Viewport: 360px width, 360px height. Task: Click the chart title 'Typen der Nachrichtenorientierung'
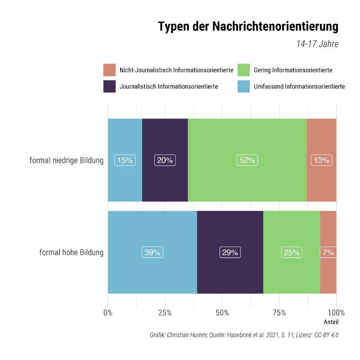coord(248,27)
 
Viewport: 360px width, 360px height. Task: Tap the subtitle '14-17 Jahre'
coord(317,44)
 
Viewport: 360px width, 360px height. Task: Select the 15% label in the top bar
coord(125,160)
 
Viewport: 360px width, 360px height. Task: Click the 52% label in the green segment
coord(247,160)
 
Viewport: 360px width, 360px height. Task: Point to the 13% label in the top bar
coord(321,160)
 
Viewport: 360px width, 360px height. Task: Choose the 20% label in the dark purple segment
coord(165,160)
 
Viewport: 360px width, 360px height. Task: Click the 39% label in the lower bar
coord(152,252)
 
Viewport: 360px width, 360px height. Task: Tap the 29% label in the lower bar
coord(230,252)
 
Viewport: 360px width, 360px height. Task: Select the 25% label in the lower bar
coord(292,252)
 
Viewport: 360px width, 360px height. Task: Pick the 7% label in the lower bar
coord(328,252)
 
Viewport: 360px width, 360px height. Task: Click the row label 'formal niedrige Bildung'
coord(66,161)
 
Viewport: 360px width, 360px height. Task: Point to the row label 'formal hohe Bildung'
coord(71,252)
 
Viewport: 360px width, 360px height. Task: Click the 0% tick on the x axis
coord(108,313)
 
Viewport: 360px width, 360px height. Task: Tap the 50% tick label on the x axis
coord(222,313)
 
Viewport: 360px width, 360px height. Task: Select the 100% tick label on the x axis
coord(336,313)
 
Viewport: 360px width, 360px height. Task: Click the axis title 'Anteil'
coord(331,322)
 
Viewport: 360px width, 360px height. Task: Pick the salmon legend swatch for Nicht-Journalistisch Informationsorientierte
coord(110,70)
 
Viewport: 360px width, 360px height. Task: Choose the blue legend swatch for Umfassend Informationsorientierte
coord(244,86)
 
